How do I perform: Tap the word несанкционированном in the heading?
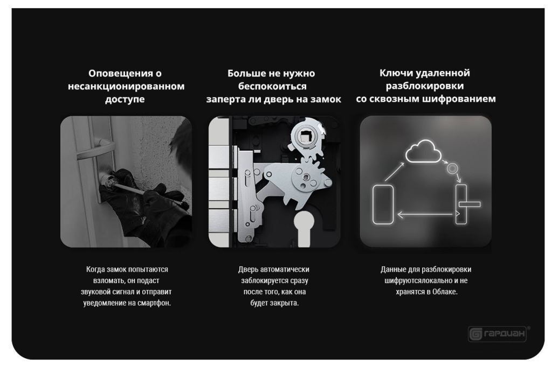click(126, 86)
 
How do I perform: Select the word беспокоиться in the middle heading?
click(272, 86)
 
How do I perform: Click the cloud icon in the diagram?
click(423, 151)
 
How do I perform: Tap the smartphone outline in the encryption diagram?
click(383, 204)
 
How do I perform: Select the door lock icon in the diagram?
click(464, 204)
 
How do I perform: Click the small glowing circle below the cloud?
click(452, 168)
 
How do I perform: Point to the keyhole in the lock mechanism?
click(303, 229)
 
